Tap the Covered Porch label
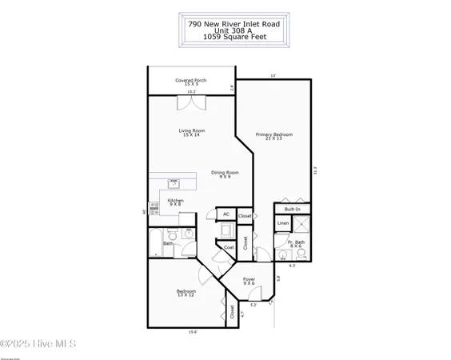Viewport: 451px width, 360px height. click(x=190, y=82)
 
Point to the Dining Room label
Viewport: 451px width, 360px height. click(x=225, y=174)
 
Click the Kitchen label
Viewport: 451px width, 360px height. click(x=176, y=202)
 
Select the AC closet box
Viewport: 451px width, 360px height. click(x=226, y=214)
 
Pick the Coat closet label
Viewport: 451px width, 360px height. click(x=229, y=247)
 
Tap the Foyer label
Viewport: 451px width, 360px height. click(x=249, y=281)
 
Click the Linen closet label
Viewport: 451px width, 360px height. click(x=283, y=223)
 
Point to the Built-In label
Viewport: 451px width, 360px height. click(x=293, y=208)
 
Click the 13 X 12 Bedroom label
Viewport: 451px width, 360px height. click(x=186, y=294)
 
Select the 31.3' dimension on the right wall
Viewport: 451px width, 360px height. click(x=316, y=169)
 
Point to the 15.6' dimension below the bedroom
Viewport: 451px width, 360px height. click(x=193, y=332)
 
